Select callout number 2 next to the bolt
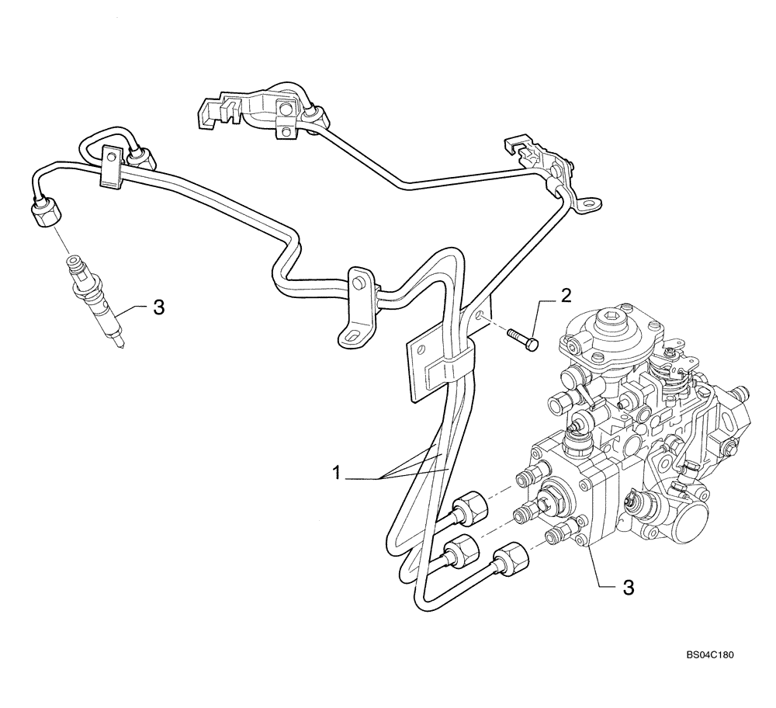pyautogui.click(x=566, y=294)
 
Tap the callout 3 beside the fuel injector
pyautogui.click(x=158, y=308)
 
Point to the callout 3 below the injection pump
pyautogui.click(x=627, y=588)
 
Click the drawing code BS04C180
pyautogui.click(x=708, y=655)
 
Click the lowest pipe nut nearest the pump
pyautogui.click(x=508, y=560)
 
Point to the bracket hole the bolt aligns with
pyautogui.click(x=483, y=315)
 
